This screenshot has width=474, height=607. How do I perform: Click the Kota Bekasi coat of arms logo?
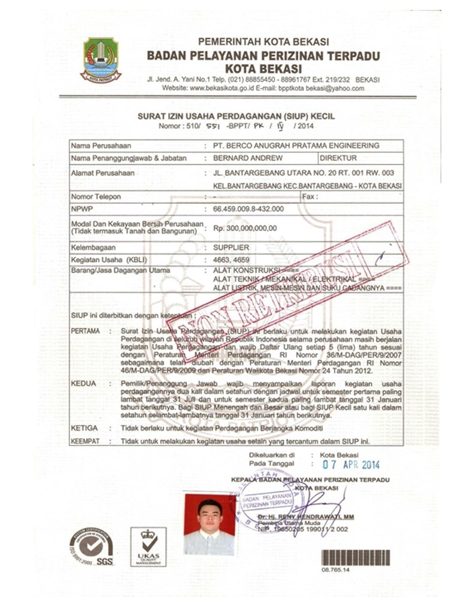[100, 60]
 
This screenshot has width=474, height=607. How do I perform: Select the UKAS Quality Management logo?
[148, 546]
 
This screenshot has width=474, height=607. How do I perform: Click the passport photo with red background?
[209, 523]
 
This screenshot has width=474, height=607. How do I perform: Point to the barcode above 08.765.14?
[355, 558]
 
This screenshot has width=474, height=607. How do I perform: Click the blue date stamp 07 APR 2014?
[351, 465]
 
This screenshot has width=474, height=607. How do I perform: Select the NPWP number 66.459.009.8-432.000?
[248, 209]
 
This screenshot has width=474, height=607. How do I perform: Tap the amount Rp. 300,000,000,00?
[245, 228]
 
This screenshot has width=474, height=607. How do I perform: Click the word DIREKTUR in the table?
[338, 158]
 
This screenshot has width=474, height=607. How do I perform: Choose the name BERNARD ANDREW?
[248, 158]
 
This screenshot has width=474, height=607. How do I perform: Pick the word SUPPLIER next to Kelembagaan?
[231, 248]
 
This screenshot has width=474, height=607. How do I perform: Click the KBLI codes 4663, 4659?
[231, 260]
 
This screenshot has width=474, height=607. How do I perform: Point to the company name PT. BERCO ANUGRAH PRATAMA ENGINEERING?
[296, 146]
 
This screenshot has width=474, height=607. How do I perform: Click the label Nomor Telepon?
[96, 196]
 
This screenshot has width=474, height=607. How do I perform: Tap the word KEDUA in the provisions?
[83, 384]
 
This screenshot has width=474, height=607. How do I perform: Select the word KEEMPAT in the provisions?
[85, 441]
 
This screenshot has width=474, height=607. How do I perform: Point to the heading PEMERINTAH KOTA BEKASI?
[263, 42]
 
